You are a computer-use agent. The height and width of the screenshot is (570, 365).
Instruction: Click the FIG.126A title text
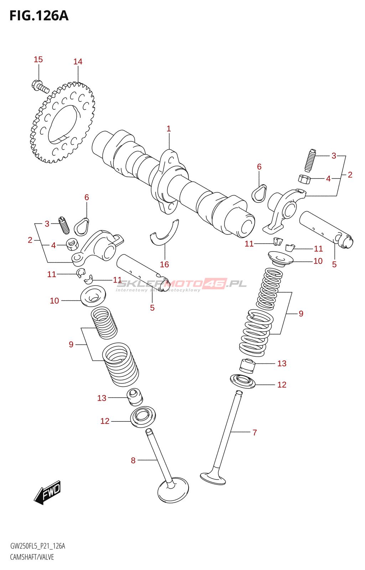[38, 16]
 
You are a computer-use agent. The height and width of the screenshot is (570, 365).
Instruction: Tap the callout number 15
[38, 59]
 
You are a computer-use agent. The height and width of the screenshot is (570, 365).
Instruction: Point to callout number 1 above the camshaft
[169, 129]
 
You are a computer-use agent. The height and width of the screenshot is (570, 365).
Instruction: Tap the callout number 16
[164, 264]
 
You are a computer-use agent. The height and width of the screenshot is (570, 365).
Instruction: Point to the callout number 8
[133, 460]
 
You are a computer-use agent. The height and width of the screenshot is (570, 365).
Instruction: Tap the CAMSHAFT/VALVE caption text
[32, 557]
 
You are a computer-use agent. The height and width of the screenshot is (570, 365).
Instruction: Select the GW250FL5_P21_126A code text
[38, 546]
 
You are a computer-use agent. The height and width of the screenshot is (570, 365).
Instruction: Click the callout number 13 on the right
[282, 363]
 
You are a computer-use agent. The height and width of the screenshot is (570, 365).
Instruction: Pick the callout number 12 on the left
[105, 421]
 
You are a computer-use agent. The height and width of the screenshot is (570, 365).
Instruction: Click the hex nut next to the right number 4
[304, 179]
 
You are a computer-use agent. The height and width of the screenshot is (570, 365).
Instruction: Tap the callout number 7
[255, 432]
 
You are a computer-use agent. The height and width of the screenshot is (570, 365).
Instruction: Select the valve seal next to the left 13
[135, 397]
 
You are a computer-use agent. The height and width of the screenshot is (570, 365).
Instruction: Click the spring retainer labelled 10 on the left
[93, 296]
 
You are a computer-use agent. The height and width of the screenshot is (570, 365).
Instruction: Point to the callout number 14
[78, 62]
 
